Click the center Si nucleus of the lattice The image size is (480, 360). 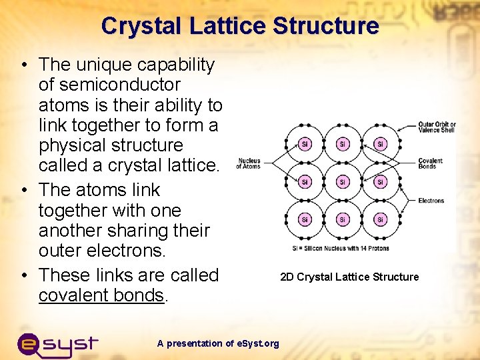342,182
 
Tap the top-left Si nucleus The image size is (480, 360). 305,145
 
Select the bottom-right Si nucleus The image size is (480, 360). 380,219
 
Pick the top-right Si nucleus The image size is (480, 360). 380,145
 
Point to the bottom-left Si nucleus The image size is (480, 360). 305,219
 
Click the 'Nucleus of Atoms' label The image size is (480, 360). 248,163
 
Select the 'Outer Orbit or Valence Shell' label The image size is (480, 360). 437,127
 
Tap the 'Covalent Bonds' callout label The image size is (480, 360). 430,163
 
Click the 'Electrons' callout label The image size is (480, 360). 431,200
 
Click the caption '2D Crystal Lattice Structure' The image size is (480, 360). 349,277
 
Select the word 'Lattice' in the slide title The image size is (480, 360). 223,26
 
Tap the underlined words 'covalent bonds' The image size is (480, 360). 101,295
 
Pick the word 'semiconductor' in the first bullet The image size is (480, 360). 109,85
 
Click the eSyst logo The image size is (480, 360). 57,343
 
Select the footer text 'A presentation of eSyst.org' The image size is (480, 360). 218,343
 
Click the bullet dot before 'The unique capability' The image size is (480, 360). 23,65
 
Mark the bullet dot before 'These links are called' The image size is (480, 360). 23,275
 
